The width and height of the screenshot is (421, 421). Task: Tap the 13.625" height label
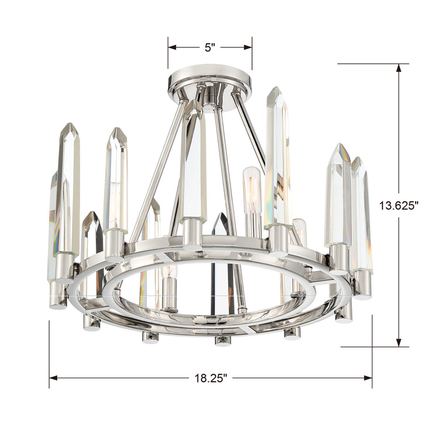(x=399, y=205)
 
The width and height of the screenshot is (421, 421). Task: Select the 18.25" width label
(x=210, y=377)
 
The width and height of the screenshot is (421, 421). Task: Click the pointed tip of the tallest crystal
(x=274, y=91)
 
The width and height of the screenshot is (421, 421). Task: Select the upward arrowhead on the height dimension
(x=399, y=68)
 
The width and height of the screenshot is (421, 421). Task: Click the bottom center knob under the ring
(x=222, y=340)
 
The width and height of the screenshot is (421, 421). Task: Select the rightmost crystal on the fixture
(x=361, y=216)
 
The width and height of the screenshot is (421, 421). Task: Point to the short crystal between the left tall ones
(x=91, y=234)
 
